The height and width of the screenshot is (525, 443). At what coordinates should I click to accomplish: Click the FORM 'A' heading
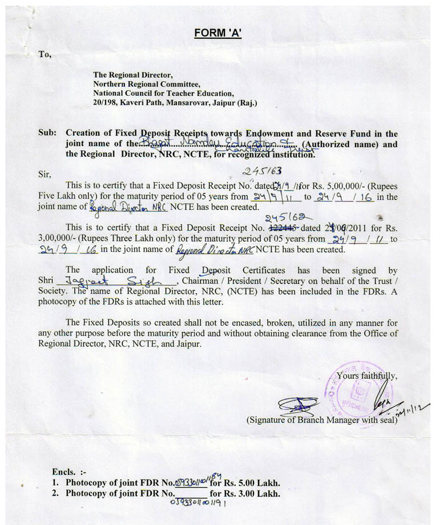[x=218, y=33]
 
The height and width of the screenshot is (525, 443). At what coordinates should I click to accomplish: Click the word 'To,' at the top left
[x=45, y=55]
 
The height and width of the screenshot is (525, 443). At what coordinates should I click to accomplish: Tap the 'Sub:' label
[x=47, y=134]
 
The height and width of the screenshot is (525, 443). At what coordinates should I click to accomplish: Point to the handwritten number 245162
[x=285, y=217]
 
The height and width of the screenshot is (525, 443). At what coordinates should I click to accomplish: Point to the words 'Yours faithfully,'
[x=367, y=375]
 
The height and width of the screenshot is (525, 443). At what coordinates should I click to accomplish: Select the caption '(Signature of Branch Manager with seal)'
[x=321, y=420]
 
